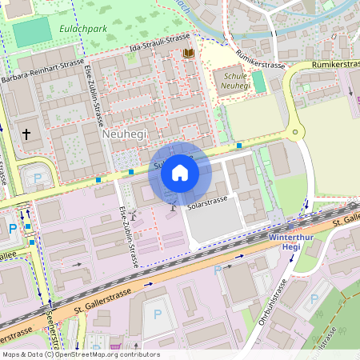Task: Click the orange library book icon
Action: pyautogui.click(x=189, y=53)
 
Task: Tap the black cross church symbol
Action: pyautogui.click(x=27, y=134)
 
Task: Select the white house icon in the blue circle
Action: pyautogui.click(x=180, y=173)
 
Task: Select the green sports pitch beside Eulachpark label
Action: pyautogui.click(x=30, y=31)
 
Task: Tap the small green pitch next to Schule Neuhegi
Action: pyautogui.click(x=258, y=81)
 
